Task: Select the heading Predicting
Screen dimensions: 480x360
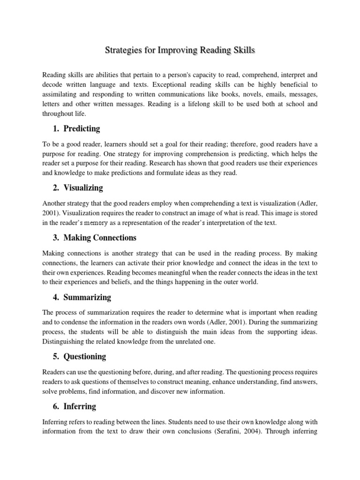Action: (82, 128)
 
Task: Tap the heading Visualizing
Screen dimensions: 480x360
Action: (83, 188)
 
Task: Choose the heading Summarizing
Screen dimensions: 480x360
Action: (88, 297)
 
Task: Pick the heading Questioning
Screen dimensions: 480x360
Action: (85, 356)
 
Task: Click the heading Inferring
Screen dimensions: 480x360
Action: (80, 406)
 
